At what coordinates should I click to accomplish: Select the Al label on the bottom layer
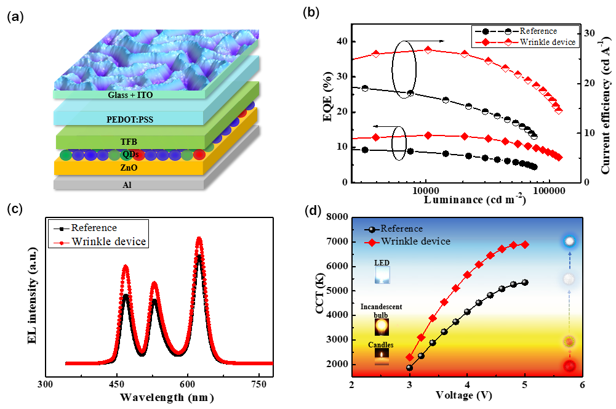point(127,184)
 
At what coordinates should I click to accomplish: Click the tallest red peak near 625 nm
point(199,239)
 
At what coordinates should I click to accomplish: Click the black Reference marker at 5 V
point(524,282)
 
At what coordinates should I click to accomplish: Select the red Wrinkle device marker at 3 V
point(410,357)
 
